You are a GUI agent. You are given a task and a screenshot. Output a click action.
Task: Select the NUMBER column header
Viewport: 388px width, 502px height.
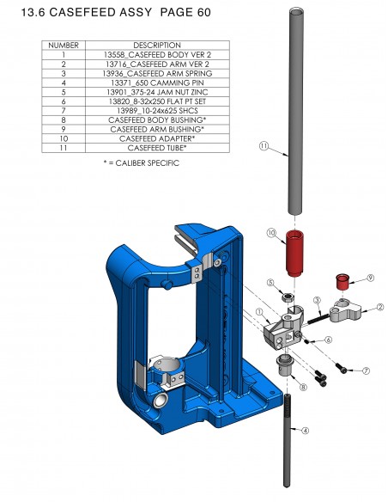(x=64, y=45)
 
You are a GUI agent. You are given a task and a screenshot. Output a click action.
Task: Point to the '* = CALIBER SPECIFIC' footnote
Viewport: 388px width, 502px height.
(x=140, y=163)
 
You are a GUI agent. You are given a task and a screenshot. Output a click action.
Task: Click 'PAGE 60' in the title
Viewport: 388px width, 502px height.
(x=183, y=15)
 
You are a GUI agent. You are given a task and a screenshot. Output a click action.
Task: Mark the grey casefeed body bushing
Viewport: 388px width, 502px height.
(x=286, y=367)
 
